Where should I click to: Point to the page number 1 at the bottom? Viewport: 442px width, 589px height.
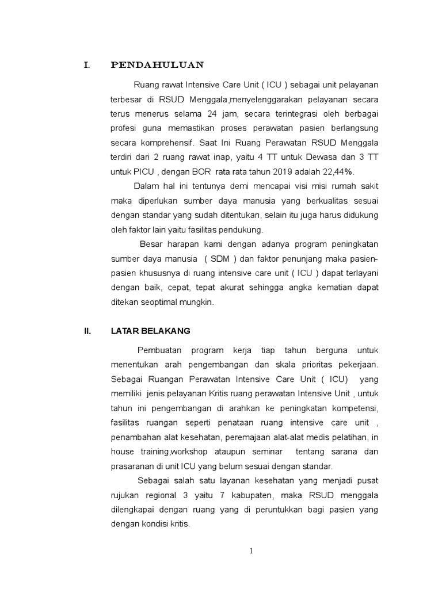point(251,551)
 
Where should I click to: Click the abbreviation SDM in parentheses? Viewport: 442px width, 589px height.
point(219,259)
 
